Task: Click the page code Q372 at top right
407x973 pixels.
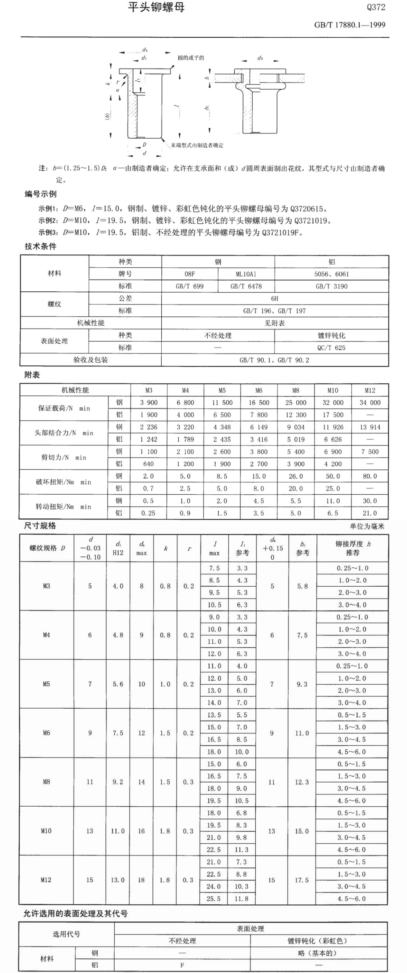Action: click(376, 7)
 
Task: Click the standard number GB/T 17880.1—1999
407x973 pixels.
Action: click(350, 25)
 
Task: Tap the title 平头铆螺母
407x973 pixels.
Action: click(156, 7)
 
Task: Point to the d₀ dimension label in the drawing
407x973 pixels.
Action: click(260, 58)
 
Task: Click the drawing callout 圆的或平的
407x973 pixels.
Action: click(191, 58)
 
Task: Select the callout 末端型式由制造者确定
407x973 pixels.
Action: click(197, 145)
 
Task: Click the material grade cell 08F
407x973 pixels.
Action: click(190, 274)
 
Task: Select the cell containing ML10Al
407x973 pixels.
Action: click(246, 274)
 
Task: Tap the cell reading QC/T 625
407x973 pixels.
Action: click(331, 347)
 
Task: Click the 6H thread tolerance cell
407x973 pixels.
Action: click(275, 298)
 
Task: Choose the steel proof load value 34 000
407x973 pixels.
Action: click(370, 403)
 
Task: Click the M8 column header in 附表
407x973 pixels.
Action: click(296, 390)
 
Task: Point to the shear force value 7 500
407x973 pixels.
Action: click(370, 452)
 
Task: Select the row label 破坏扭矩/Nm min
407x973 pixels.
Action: click(63, 482)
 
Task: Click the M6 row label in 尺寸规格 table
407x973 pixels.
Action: click(46, 733)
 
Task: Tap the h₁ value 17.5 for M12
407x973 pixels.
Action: click(302, 880)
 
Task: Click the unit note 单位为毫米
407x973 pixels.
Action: click(367, 526)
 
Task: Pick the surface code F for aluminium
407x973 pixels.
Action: click(182, 965)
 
